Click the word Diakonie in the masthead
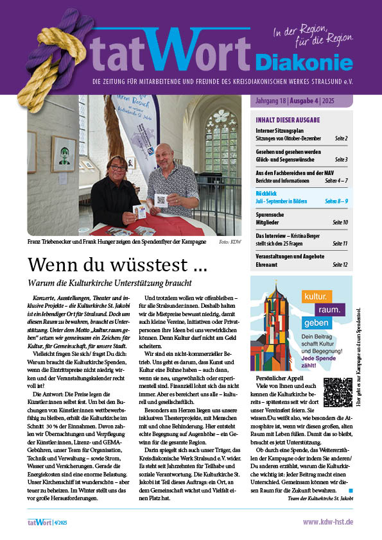point(304,62)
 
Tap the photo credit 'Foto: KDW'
point(229,243)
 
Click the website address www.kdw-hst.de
point(327,523)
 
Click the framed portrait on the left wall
point(64,154)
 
